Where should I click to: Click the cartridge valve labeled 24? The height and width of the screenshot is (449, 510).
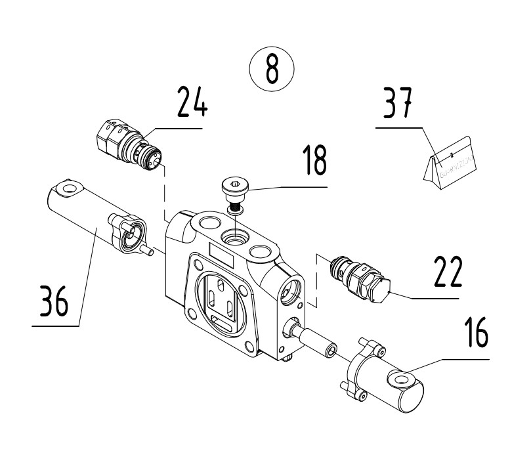[x=129, y=144]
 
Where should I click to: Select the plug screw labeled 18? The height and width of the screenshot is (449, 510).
[x=233, y=191]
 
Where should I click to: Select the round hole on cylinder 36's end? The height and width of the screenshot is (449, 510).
[x=66, y=189]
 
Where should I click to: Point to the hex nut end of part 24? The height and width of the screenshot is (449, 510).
[x=110, y=136]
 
